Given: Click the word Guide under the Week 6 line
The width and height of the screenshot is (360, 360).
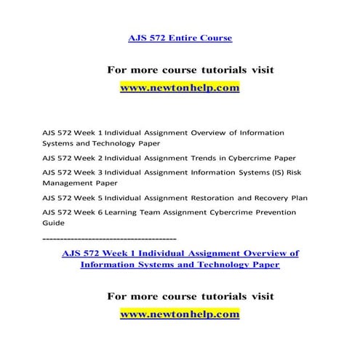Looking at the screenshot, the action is (53, 223).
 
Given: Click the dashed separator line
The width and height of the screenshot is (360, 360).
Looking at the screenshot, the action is (109, 238).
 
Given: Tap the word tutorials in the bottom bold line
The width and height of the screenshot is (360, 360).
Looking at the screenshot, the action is (211, 297).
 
